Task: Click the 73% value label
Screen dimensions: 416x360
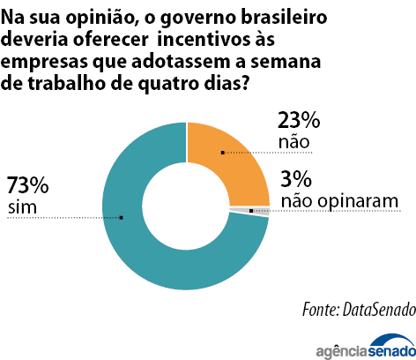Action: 27,185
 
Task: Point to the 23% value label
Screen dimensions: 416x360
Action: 299,120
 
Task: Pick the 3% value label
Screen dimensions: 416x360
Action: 296,179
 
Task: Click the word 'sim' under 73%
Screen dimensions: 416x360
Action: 22,207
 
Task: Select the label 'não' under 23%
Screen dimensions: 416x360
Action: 293,142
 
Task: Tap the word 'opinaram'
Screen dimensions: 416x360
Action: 358,202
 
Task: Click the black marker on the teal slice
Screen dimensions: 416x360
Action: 122,218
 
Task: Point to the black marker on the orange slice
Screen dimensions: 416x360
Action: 223,153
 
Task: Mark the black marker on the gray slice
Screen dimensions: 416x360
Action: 251,211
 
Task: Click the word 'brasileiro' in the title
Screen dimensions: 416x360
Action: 284,17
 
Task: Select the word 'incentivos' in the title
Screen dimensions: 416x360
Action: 216,40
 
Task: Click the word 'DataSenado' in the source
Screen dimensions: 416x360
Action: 379,310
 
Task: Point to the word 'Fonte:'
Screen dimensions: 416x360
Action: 321,310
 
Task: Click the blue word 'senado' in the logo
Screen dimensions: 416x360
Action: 391,350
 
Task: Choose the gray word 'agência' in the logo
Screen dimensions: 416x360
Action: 341,351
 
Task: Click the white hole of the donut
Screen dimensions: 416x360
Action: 186,206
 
